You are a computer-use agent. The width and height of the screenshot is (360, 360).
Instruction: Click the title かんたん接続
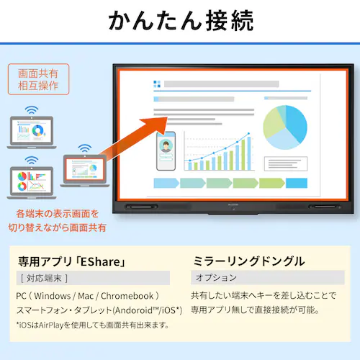click(180, 21)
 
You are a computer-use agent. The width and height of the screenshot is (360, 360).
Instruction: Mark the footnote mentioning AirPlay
click(92, 325)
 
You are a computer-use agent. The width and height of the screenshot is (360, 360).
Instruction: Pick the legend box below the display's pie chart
click(285, 163)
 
